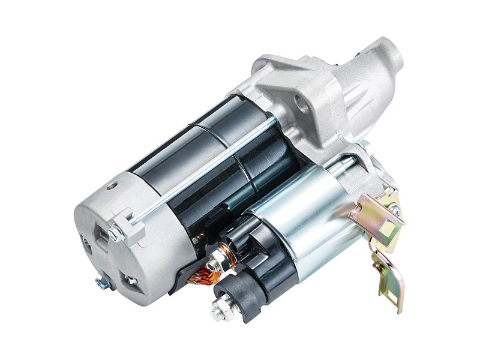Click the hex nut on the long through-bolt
[x=116, y=232]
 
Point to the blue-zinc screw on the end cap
[x=103, y=281]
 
